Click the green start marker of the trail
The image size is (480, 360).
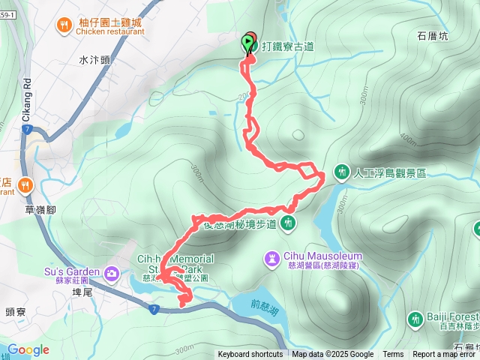click(x=248, y=42)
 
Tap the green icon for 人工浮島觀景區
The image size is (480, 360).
click(x=342, y=172)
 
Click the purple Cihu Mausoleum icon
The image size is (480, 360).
click(x=271, y=259)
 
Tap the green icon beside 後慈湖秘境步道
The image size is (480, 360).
click(x=288, y=223)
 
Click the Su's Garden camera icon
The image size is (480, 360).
click(x=112, y=271)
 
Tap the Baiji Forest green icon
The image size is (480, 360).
click(x=415, y=319)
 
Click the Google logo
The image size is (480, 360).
click(x=28, y=350)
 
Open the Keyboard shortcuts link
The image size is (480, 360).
click(x=250, y=355)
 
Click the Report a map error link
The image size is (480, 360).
click(x=445, y=355)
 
